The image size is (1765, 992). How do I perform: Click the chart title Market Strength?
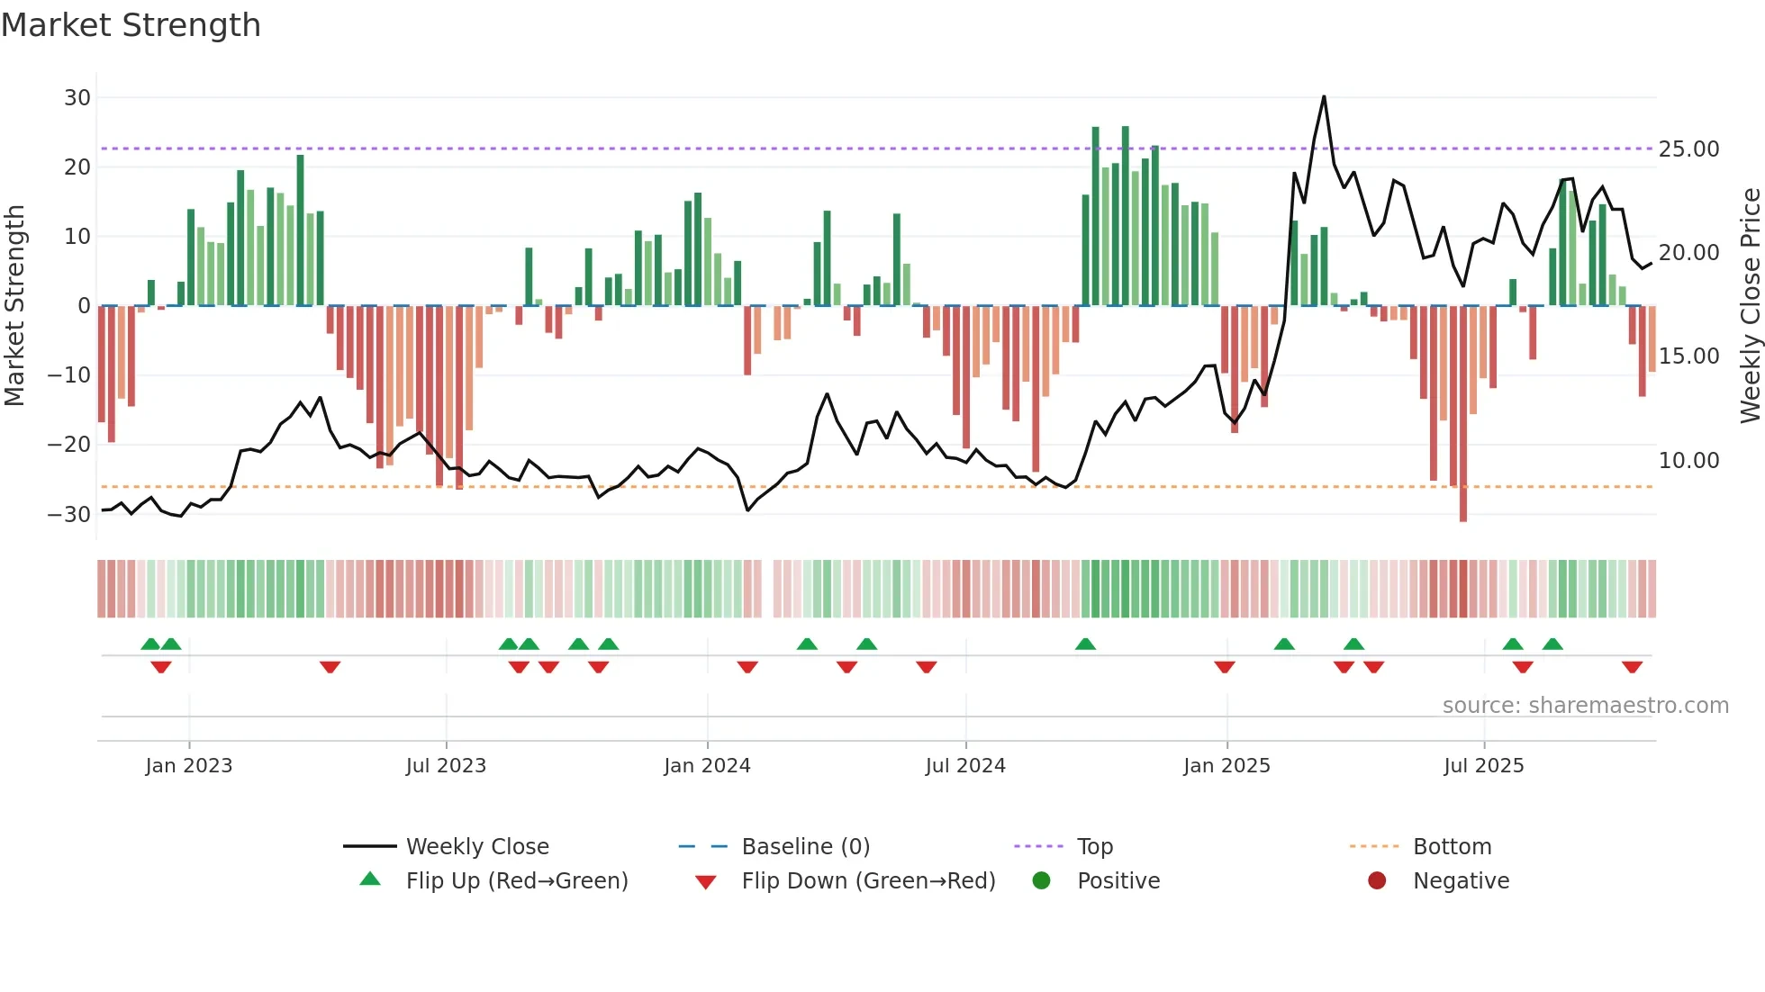[131, 25]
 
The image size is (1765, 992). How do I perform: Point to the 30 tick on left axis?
[77, 97]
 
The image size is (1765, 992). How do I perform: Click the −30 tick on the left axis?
[69, 515]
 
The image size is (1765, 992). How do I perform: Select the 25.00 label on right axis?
[1688, 149]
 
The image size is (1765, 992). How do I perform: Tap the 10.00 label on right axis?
[1688, 460]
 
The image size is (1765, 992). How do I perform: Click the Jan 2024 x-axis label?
[707, 766]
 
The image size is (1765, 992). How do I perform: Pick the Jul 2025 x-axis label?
[1483, 766]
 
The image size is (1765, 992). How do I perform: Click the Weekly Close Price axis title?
[1750, 306]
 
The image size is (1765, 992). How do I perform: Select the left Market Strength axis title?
[14, 306]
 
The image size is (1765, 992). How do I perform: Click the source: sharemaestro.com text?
[1585, 706]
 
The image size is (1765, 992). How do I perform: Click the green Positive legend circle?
[1042, 881]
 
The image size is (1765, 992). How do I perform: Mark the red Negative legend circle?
[1377, 881]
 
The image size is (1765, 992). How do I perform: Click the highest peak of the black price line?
[1324, 96]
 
